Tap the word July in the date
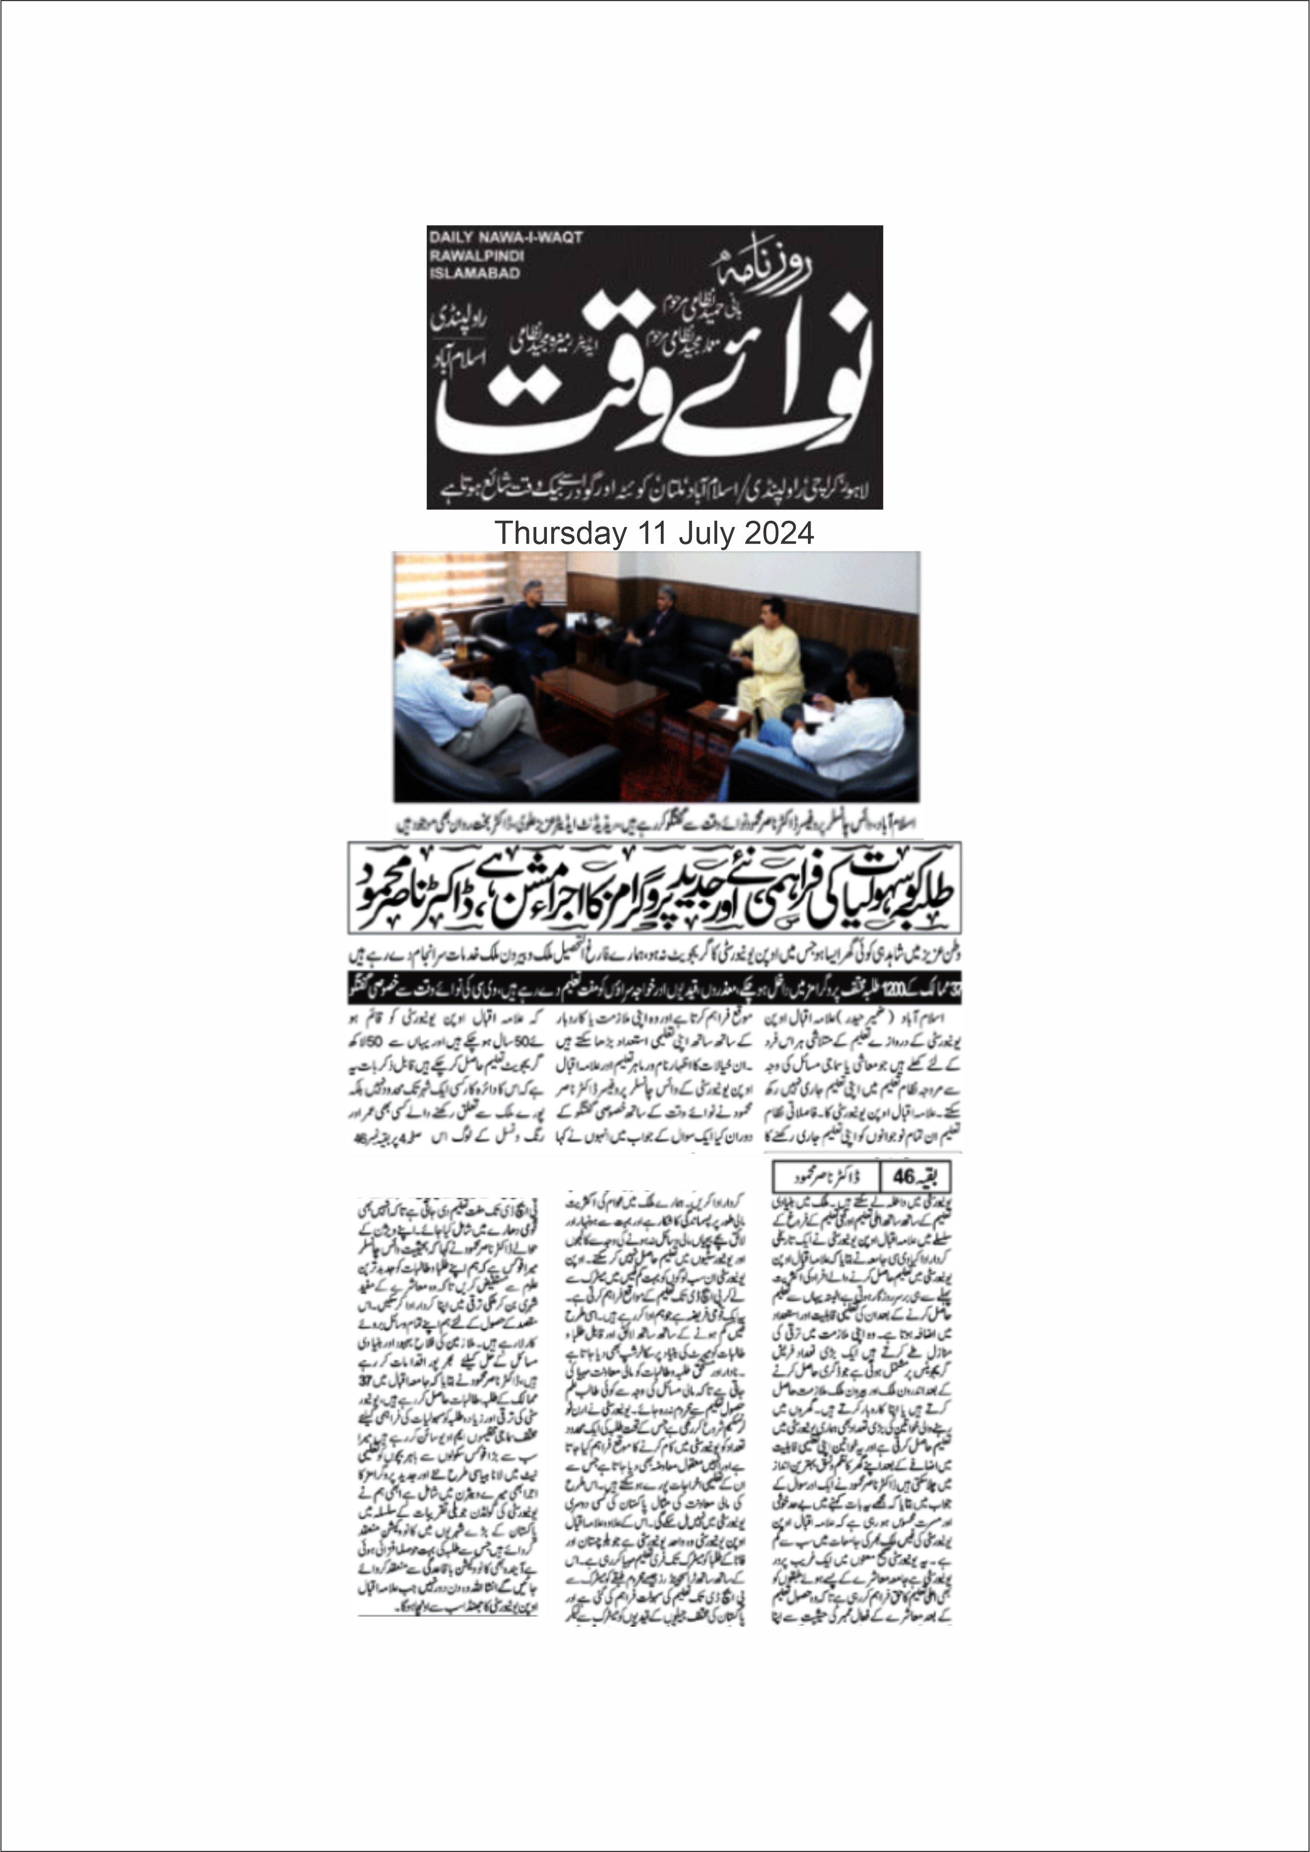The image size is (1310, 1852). (x=708, y=533)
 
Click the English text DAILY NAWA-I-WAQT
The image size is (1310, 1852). (x=506, y=238)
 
